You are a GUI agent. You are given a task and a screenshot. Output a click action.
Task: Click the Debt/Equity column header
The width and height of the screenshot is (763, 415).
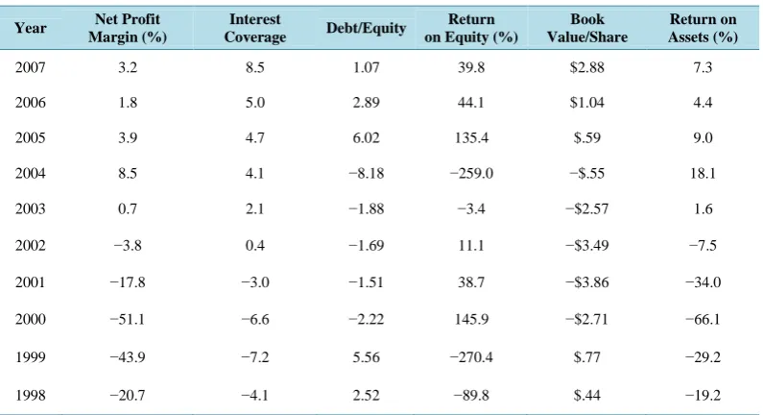coord(366,28)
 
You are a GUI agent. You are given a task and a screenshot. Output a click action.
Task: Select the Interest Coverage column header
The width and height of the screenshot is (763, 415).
coord(255,28)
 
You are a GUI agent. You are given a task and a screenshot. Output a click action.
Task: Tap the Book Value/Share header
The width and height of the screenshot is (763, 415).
coord(586,28)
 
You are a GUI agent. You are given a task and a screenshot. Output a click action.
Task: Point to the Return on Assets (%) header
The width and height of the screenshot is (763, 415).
coord(703,28)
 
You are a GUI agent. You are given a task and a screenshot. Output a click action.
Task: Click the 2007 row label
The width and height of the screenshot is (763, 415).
coord(30,67)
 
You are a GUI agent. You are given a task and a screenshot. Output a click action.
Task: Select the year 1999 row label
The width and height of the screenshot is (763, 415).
coord(30,357)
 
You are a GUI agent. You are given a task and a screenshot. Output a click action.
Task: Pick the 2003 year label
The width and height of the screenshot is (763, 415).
coord(30,209)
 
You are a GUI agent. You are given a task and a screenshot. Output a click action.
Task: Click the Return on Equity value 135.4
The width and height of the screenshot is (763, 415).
coord(471,137)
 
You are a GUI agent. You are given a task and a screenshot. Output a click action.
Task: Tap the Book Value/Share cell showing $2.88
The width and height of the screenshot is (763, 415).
coord(586,67)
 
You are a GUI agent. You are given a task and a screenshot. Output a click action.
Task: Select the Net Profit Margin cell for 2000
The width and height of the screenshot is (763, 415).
coord(127,320)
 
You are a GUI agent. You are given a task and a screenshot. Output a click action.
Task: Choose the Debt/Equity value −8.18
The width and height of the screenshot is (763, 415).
coord(366,174)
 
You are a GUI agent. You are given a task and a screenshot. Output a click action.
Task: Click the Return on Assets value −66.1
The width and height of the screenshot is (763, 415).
coord(703,320)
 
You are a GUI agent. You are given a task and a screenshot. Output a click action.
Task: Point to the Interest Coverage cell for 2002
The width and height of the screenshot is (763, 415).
coord(255,245)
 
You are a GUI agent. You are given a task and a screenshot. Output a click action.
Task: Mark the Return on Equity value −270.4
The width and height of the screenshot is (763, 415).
coord(471,357)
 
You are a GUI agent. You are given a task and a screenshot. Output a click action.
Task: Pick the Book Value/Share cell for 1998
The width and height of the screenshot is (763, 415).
coord(586,395)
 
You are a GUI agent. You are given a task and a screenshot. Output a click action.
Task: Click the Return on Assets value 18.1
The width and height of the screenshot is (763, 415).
coord(703,174)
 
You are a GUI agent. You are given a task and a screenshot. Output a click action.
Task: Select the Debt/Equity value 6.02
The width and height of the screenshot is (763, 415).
coord(366,137)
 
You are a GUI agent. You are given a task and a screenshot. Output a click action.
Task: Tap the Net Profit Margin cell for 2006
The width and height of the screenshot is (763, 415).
coord(128,103)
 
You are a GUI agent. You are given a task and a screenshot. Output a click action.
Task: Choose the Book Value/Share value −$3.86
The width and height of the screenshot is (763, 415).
coord(586,282)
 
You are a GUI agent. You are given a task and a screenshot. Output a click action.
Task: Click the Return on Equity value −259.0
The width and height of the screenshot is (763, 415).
coord(471,174)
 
